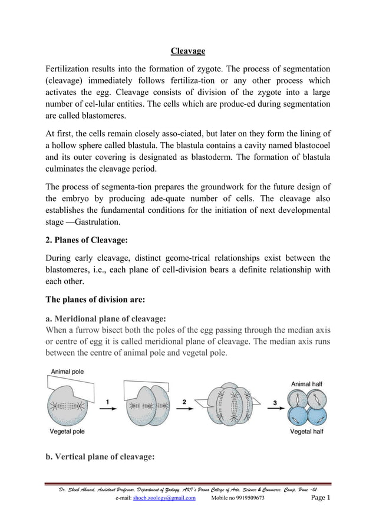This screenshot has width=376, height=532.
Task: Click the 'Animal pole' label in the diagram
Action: [67, 372]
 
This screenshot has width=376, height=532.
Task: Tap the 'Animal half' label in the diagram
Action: [306, 384]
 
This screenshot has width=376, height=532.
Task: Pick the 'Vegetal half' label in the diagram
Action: [306, 431]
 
